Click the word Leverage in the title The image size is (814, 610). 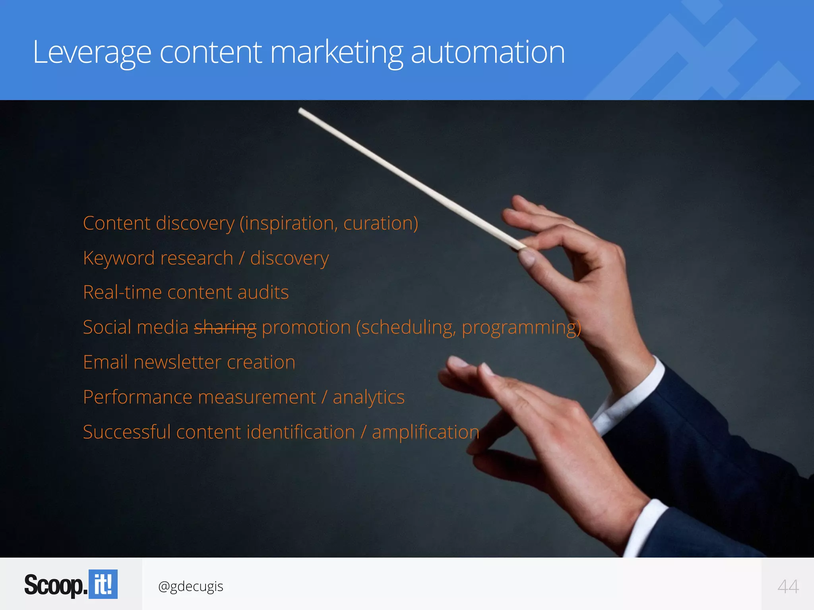click(92, 52)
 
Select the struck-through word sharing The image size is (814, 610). click(225, 328)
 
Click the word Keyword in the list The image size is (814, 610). click(119, 259)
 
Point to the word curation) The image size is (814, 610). click(380, 223)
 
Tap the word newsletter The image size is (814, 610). click(177, 363)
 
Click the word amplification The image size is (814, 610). click(425, 432)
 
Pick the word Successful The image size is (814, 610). click(127, 432)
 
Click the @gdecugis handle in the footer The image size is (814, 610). click(190, 587)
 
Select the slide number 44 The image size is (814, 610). click(788, 587)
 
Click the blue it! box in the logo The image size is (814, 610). click(103, 584)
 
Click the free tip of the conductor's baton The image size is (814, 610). click(300, 110)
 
